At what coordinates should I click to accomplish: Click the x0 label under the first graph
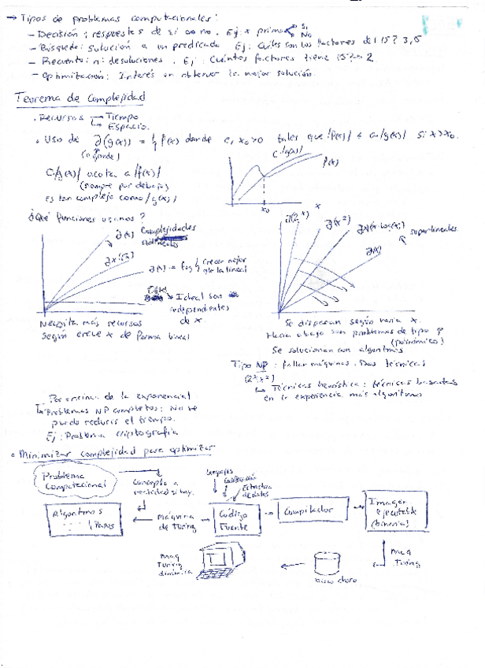tap(265, 210)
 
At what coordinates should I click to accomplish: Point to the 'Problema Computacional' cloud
tap(71, 481)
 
